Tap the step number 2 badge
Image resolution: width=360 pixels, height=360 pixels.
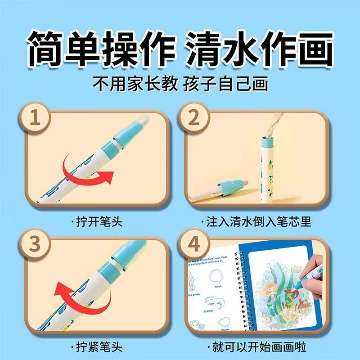(x=194, y=118)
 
